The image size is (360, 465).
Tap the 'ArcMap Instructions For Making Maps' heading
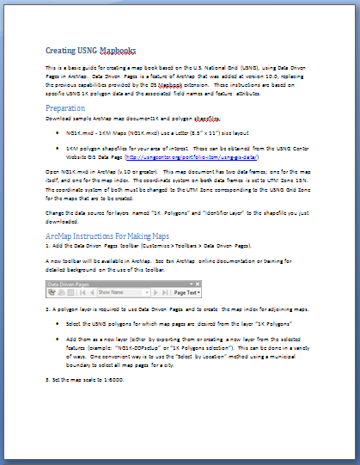[113, 235]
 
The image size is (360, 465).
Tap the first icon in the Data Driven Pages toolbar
[53, 292]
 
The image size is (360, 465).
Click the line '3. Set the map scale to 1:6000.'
[89, 379]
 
